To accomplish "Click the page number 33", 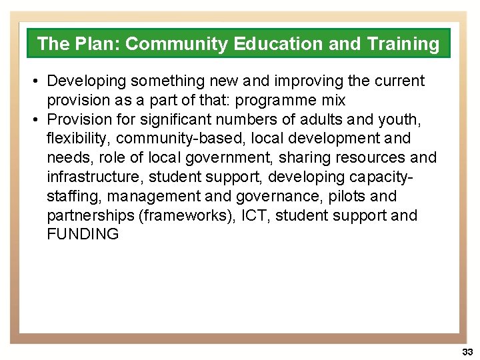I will click(467, 351).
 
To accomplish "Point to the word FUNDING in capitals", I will click(83, 235).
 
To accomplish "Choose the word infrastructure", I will click(94, 177).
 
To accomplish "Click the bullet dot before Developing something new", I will click(33, 81).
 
